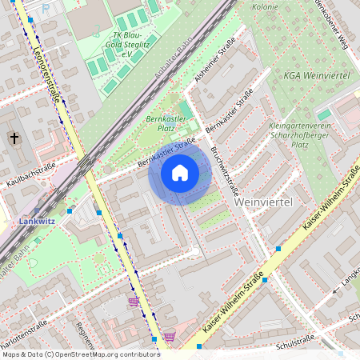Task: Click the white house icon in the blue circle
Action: click(179, 173)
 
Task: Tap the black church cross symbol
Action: click(14, 138)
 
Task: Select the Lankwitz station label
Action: click(36, 220)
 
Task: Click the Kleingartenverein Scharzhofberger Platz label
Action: click(301, 135)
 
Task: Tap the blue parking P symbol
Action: click(46, 6)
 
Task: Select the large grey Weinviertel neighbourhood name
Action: click(266, 202)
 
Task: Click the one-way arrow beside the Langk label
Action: click(334, 293)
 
